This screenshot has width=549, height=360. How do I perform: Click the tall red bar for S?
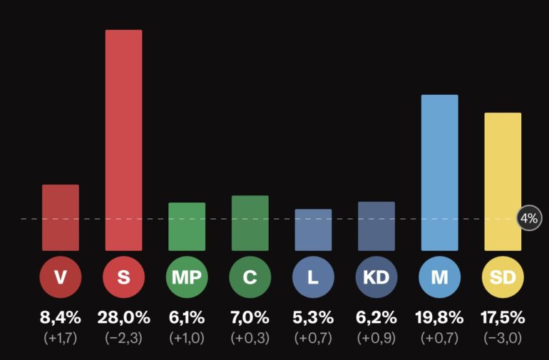tap(123, 140)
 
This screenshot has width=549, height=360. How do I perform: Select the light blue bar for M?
tap(439, 173)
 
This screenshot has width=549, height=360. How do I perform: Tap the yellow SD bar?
tap(503, 182)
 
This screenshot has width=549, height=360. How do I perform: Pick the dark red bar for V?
tap(61, 217)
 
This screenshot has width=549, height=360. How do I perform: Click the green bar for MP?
tap(187, 227)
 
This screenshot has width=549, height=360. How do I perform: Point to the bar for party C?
tap(250, 223)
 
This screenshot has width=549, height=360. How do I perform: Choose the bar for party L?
tap(314, 230)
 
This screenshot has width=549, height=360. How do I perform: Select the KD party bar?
tap(376, 226)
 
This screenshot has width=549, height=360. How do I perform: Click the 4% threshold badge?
tap(529, 218)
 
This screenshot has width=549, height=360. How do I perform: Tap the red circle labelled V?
tap(61, 277)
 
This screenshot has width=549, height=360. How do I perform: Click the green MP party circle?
tap(187, 277)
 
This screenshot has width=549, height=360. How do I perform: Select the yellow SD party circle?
tap(503, 277)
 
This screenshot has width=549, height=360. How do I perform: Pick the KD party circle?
tap(376, 277)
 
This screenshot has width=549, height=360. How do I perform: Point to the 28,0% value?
tap(123, 318)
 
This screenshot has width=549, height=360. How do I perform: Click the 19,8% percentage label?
tap(439, 318)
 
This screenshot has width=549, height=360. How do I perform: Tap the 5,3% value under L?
tap(314, 318)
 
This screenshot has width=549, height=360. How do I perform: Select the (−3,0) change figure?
tap(503, 338)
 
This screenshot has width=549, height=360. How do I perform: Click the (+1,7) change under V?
tap(61, 338)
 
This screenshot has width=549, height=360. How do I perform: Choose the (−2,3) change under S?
tap(123, 338)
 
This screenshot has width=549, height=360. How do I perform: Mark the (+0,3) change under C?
tap(250, 338)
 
